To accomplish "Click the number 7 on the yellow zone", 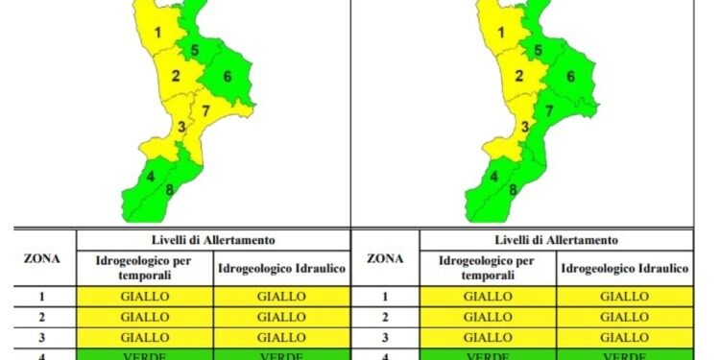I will pyautogui.click(x=206, y=110).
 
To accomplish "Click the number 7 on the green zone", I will pyautogui.click(x=549, y=111).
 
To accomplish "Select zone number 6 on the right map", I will pyautogui.click(x=570, y=77).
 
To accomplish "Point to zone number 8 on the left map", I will pyautogui.click(x=170, y=188).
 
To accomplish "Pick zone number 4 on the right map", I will pyautogui.click(x=493, y=177).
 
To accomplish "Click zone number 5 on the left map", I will pyautogui.click(x=195, y=51).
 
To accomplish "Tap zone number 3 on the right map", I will pyautogui.click(x=524, y=127).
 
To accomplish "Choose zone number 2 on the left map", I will pyautogui.click(x=176, y=77).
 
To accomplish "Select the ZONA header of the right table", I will pyautogui.click(x=385, y=257).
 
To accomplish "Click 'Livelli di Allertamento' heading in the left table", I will pyautogui.click(x=213, y=240).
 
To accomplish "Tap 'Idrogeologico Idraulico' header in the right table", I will pyautogui.click(x=625, y=268).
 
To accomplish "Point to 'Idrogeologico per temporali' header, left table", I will pyautogui.click(x=145, y=268).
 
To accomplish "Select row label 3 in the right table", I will pyautogui.click(x=385, y=337).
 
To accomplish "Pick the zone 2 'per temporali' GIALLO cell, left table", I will pyautogui.click(x=145, y=317).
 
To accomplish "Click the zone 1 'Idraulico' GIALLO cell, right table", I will pyautogui.click(x=625, y=297).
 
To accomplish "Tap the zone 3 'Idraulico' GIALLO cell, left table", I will pyautogui.click(x=281, y=337).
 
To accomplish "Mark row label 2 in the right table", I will pyautogui.click(x=385, y=317).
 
